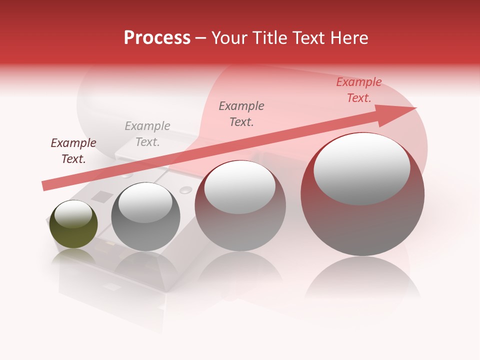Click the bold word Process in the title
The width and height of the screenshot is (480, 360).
pyautogui.click(x=157, y=38)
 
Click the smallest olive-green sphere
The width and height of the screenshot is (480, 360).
pyautogui.click(x=73, y=224)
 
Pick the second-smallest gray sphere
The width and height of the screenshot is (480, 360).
pyautogui.click(x=145, y=216)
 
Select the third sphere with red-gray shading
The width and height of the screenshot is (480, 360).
pyautogui.click(x=240, y=205)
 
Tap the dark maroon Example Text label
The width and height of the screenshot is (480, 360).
pyautogui.click(x=73, y=151)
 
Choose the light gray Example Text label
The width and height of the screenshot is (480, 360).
pyautogui.click(x=147, y=134)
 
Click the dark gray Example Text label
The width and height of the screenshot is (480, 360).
pyautogui.click(x=241, y=114)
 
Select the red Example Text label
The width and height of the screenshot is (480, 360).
pyautogui.click(x=359, y=90)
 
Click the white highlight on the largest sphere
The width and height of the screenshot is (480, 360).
pyautogui.click(x=361, y=169)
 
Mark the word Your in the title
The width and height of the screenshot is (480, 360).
pyautogui.click(x=229, y=38)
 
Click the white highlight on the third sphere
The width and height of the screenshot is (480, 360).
pyautogui.click(x=240, y=186)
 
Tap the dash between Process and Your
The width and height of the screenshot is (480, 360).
pyautogui.click(x=201, y=38)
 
